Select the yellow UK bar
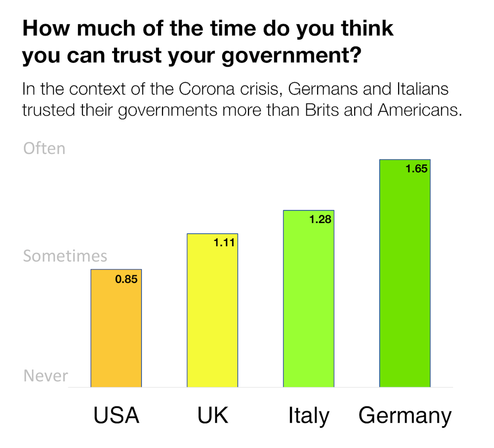[x=212, y=310]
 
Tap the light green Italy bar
[x=309, y=299]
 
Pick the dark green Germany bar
[x=405, y=273]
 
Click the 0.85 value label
[x=126, y=279]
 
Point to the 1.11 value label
[x=224, y=243]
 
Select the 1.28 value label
[x=320, y=220]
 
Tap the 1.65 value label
[x=416, y=169]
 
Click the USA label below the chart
[x=117, y=415]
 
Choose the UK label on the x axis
[x=213, y=415]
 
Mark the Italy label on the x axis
[x=309, y=415]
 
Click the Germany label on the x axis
[x=405, y=415]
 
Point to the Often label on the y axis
[x=44, y=148]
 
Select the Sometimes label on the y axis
[x=65, y=256]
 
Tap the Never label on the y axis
[x=45, y=376]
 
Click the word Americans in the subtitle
[x=419, y=110]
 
